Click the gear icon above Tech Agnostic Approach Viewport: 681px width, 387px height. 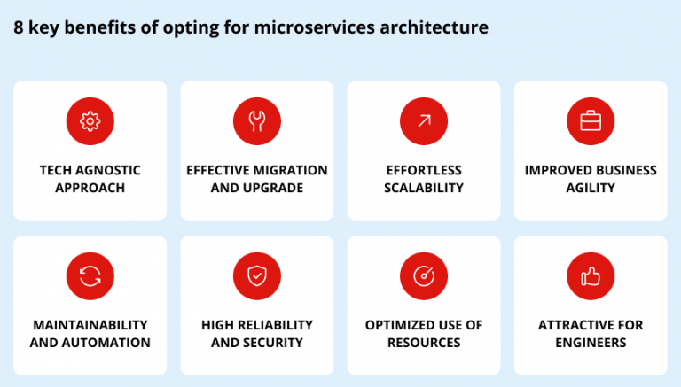coord(90,121)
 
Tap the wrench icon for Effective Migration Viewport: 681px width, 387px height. coord(256,121)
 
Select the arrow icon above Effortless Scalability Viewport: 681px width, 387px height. coord(424,121)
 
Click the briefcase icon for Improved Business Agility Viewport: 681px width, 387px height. coord(591,121)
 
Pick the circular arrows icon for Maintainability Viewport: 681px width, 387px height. coord(90,276)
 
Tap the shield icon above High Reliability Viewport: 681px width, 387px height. coord(256,276)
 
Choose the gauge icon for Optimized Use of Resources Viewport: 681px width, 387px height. coord(424,276)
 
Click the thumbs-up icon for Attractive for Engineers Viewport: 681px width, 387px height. coord(591,276)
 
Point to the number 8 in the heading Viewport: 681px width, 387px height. coord(19,27)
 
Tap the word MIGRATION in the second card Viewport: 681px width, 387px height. coord(292,170)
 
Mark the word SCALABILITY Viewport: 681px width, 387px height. coord(424,188)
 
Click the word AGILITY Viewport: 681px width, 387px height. coord(591,188)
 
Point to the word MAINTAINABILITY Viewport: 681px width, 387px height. coord(90,325)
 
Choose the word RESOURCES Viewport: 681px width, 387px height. coord(424,343)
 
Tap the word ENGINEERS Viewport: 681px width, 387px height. coord(591,343)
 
